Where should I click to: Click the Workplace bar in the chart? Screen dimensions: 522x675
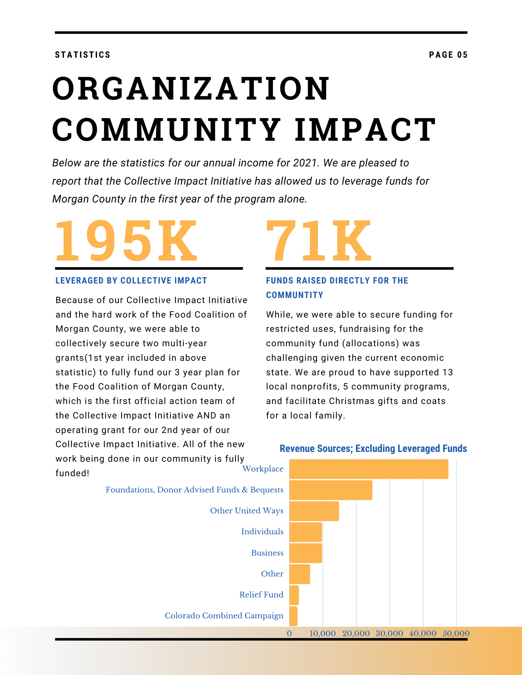point(369,469)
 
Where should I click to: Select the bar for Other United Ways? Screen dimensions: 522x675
point(314,511)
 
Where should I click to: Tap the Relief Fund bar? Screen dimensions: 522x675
point(294,595)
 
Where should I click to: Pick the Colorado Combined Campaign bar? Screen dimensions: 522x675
point(293,616)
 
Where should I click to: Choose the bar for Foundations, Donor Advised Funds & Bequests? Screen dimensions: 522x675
point(331,490)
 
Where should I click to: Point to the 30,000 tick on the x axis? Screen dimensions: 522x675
point(389,633)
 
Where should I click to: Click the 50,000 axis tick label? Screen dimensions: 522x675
point(456,633)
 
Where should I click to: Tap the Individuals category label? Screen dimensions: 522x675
point(262,532)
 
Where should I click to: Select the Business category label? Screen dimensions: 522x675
point(267,553)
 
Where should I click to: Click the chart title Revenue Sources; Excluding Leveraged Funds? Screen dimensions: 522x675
point(373,449)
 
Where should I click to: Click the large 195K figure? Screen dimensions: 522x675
point(126,240)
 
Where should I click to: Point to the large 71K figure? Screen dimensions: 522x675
point(319,240)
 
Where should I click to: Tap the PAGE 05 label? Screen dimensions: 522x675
point(448,55)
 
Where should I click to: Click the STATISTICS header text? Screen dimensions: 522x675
point(83,55)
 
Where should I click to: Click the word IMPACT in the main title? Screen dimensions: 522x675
point(366,130)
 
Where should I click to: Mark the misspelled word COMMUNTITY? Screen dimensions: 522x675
point(295,295)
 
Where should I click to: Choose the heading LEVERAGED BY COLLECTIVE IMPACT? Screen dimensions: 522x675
point(131,280)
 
